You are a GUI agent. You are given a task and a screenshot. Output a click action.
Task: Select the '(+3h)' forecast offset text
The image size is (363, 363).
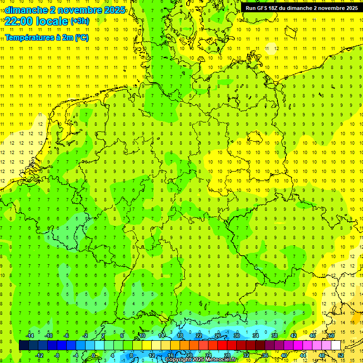[x=79, y=21]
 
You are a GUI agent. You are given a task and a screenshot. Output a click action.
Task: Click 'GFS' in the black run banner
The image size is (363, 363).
[x=262, y=8]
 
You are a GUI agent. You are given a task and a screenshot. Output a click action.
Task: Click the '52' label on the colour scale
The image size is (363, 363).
[x=341, y=355]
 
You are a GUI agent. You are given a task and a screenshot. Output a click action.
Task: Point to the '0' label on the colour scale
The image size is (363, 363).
[x=93, y=355]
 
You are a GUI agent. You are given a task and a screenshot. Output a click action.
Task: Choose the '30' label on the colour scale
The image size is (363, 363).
[x=236, y=336]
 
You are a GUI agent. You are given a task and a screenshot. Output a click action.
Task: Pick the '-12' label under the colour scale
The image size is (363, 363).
[x=39, y=355]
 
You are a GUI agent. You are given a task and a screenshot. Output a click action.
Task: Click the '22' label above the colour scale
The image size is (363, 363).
[x=199, y=336]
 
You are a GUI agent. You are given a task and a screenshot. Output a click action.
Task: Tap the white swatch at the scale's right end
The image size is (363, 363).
[x=336, y=346]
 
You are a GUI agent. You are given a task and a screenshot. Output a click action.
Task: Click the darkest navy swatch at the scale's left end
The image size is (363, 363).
[x=24, y=346]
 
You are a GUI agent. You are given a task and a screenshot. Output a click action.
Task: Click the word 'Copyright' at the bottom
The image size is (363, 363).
[x=178, y=360]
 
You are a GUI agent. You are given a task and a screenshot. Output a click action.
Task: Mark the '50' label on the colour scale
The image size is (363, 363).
[x=331, y=336]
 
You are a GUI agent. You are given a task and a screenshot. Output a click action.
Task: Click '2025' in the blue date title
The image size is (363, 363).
[x=114, y=10]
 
